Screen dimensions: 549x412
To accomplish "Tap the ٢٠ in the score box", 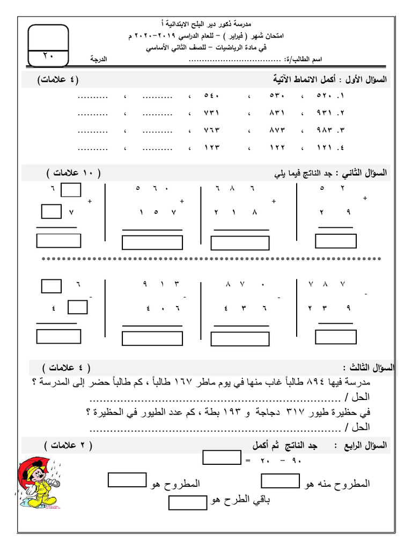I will click(x=48, y=56).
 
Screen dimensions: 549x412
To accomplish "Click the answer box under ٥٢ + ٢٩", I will click(x=336, y=242).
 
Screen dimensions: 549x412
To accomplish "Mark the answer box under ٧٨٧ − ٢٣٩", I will click(x=336, y=337).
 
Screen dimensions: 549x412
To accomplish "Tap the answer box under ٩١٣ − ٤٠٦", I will click(x=145, y=339).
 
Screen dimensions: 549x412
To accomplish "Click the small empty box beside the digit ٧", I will click(x=51, y=212).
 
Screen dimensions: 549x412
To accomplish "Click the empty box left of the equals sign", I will click(x=222, y=457).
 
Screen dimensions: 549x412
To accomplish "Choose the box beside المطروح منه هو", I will click(x=280, y=481).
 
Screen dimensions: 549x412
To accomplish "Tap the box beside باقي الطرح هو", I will click(x=188, y=503).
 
